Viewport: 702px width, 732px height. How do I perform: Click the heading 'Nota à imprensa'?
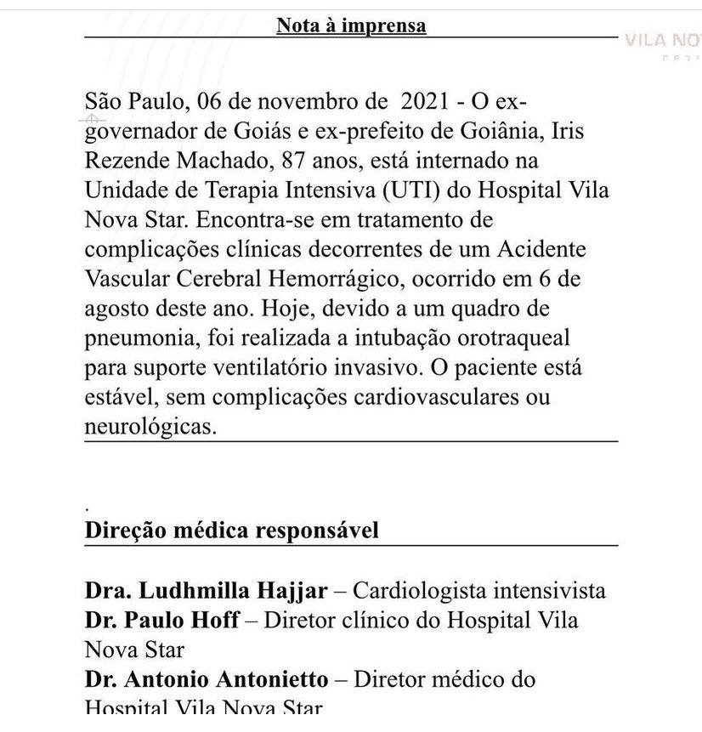tap(351, 26)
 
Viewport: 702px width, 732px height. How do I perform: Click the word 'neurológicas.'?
tap(150, 427)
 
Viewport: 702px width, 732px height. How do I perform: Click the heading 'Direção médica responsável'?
tap(231, 531)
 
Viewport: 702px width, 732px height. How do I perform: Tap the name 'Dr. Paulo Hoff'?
tap(161, 620)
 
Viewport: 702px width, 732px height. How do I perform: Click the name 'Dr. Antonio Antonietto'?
tap(207, 679)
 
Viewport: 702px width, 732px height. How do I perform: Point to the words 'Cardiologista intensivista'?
tap(478, 590)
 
